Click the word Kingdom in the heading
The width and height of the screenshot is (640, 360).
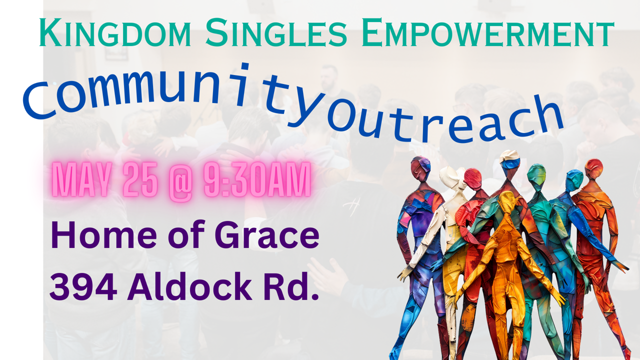115,32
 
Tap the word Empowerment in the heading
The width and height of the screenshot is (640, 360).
487,32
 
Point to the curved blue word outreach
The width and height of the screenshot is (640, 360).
445,120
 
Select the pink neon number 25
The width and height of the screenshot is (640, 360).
140,179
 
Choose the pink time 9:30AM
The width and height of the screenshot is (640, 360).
257,179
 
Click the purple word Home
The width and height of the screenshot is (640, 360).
103,235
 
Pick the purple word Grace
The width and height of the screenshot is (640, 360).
267,235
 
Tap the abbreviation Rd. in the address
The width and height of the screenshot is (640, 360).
291,285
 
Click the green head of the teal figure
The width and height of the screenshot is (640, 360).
536,175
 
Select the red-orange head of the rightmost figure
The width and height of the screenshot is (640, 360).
593,168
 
